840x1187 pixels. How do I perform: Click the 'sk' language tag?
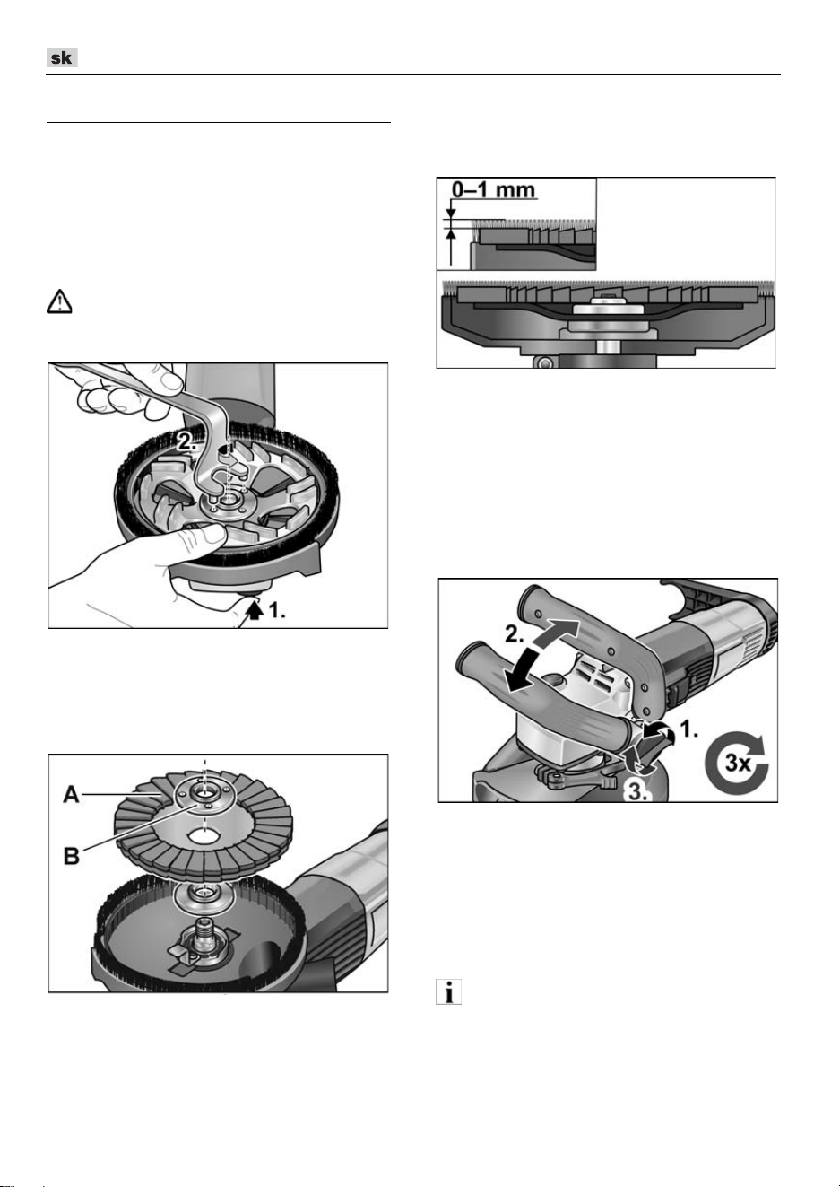click(62, 57)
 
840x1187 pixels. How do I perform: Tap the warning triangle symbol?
click(59, 301)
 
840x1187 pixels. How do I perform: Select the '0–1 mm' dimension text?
click(493, 189)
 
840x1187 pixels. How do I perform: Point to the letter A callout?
click(72, 794)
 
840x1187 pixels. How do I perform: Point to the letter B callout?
click(72, 855)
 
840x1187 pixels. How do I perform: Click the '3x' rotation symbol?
click(737, 763)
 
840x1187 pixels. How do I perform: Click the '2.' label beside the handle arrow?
click(515, 633)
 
